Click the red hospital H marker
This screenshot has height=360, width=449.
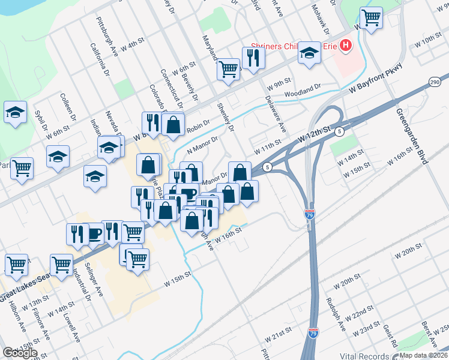[x=346, y=45]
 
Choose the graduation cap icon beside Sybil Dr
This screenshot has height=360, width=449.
[x=15, y=112]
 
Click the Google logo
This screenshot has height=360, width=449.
[x=20, y=353]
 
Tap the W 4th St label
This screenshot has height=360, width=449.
[x=133, y=44]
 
